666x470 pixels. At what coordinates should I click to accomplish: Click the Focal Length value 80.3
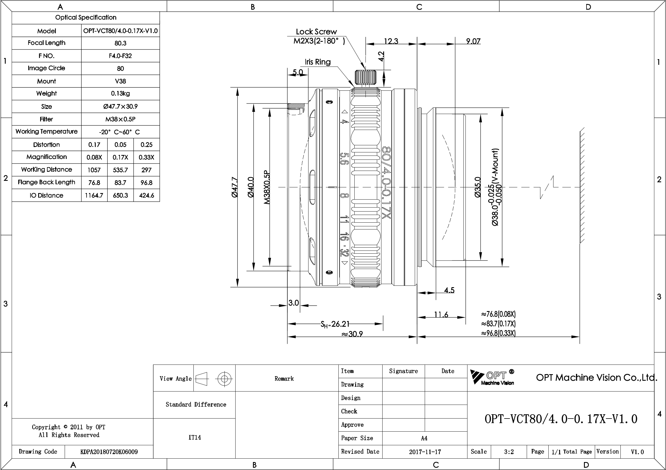point(120,43)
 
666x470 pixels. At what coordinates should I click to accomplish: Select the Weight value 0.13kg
point(120,94)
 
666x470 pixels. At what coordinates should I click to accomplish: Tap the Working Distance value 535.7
point(120,170)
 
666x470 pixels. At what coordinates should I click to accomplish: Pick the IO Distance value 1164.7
point(94,195)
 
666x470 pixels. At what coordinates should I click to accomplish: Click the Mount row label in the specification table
point(46,81)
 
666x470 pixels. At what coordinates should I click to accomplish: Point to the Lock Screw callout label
point(316,32)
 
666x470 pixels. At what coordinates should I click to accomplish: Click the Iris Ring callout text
point(318,62)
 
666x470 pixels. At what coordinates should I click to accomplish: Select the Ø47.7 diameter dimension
point(235,187)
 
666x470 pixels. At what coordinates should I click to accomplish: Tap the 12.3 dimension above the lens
point(391,41)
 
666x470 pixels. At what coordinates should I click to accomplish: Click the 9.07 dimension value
point(473,41)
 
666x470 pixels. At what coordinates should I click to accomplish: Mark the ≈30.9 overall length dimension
point(352,334)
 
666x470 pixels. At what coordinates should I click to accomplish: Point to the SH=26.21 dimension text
point(335,324)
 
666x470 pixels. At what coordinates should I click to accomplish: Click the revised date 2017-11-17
point(425,452)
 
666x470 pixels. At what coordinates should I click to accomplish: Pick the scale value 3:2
point(509,452)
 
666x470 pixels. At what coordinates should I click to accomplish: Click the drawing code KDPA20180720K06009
point(109,452)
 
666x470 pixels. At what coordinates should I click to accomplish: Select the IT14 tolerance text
point(194,437)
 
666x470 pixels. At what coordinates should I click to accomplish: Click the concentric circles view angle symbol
point(224,379)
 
